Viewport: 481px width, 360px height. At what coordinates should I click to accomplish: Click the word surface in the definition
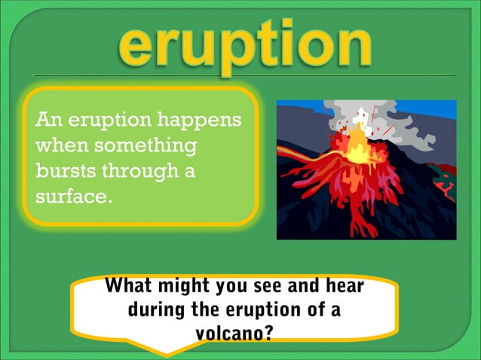71,197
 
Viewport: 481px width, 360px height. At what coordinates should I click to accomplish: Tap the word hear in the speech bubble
345,287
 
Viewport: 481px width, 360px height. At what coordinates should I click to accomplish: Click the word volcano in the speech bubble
227,332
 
